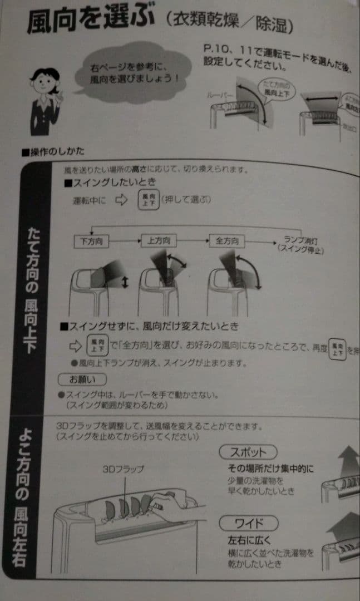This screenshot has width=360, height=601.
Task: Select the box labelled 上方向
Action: [159, 241]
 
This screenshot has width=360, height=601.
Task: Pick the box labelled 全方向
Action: [226, 242]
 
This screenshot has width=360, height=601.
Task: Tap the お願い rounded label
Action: [82, 380]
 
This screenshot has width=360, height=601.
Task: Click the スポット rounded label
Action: [248, 451]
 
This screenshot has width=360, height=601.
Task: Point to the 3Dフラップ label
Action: [123, 469]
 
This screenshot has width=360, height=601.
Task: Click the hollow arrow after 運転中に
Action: [121, 200]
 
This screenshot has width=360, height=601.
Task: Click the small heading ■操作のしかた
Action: [52, 151]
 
